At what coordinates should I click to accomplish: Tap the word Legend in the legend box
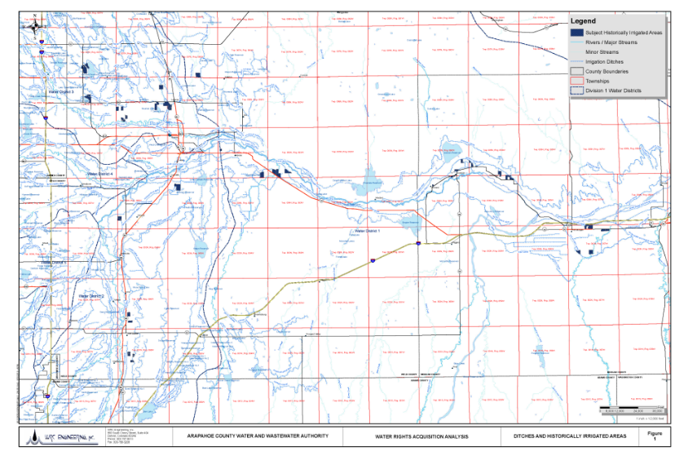pos(584,20)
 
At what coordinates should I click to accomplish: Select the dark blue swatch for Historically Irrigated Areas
pos(576,32)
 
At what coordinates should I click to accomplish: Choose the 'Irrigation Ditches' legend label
pos(607,61)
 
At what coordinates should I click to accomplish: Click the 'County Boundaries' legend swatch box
pos(576,71)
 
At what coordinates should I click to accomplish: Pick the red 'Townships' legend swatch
pos(576,81)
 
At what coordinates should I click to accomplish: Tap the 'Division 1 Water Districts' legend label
pos(614,91)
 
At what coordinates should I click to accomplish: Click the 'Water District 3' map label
pos(61,92)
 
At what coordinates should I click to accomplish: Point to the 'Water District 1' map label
pos(370,231)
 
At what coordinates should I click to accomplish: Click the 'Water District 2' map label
pos(93,294)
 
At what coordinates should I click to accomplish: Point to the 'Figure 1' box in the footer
pos(654,436)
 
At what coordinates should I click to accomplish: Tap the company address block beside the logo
pos(122,436)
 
